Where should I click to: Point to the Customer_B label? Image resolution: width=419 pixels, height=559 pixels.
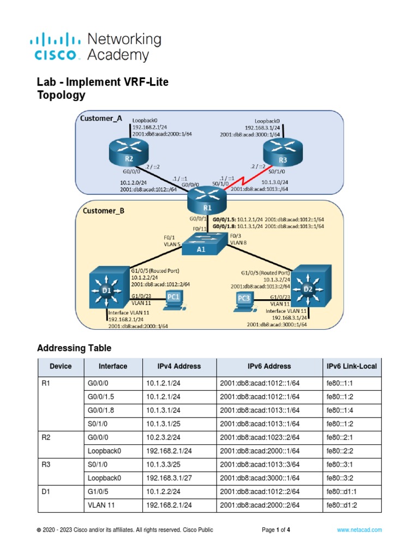coord(103,208)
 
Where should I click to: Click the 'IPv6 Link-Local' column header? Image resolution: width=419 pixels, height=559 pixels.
coord(351,366)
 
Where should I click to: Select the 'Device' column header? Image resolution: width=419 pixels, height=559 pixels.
coord(60,366)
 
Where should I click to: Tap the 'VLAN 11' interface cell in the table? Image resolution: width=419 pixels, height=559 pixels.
coord(101,505)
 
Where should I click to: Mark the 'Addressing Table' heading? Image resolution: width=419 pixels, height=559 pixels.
coord(74,348)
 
